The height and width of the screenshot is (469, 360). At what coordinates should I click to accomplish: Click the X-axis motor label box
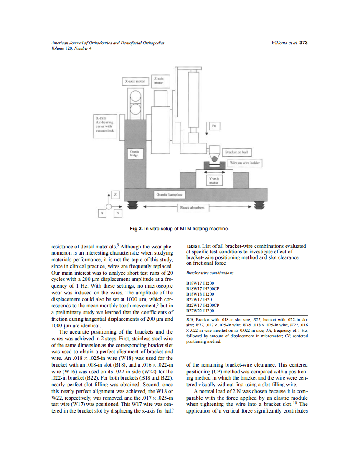135,81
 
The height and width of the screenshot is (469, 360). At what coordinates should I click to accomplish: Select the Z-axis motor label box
159,80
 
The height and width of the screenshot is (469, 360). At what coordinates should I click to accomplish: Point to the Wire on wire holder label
245,163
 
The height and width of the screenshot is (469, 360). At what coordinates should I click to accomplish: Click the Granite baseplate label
169,195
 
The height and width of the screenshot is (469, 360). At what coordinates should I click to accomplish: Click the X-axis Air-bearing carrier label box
106,124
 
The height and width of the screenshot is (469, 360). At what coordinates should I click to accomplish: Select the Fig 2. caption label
137,229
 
